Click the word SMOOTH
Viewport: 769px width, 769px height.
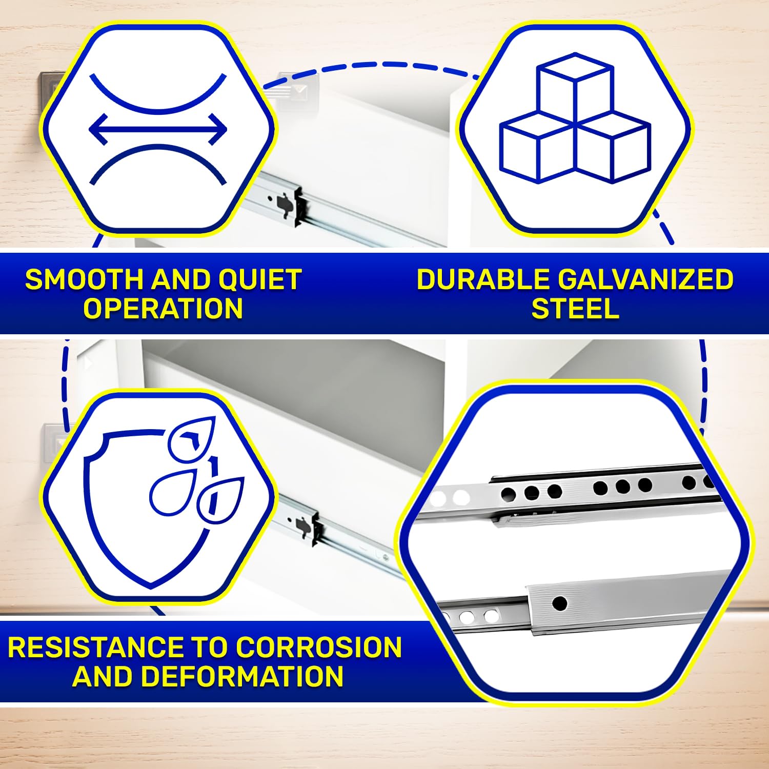point(85,280)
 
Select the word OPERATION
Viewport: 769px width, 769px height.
point(163,309)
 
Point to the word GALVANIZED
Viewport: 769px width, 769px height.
point(645,280)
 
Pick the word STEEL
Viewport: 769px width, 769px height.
point(575,309)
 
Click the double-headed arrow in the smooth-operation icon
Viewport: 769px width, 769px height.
point(158,128)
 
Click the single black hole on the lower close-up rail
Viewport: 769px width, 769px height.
point(560,603)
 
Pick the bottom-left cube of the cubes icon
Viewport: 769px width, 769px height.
point(537,151)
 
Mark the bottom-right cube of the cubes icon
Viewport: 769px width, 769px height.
point(614,149)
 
